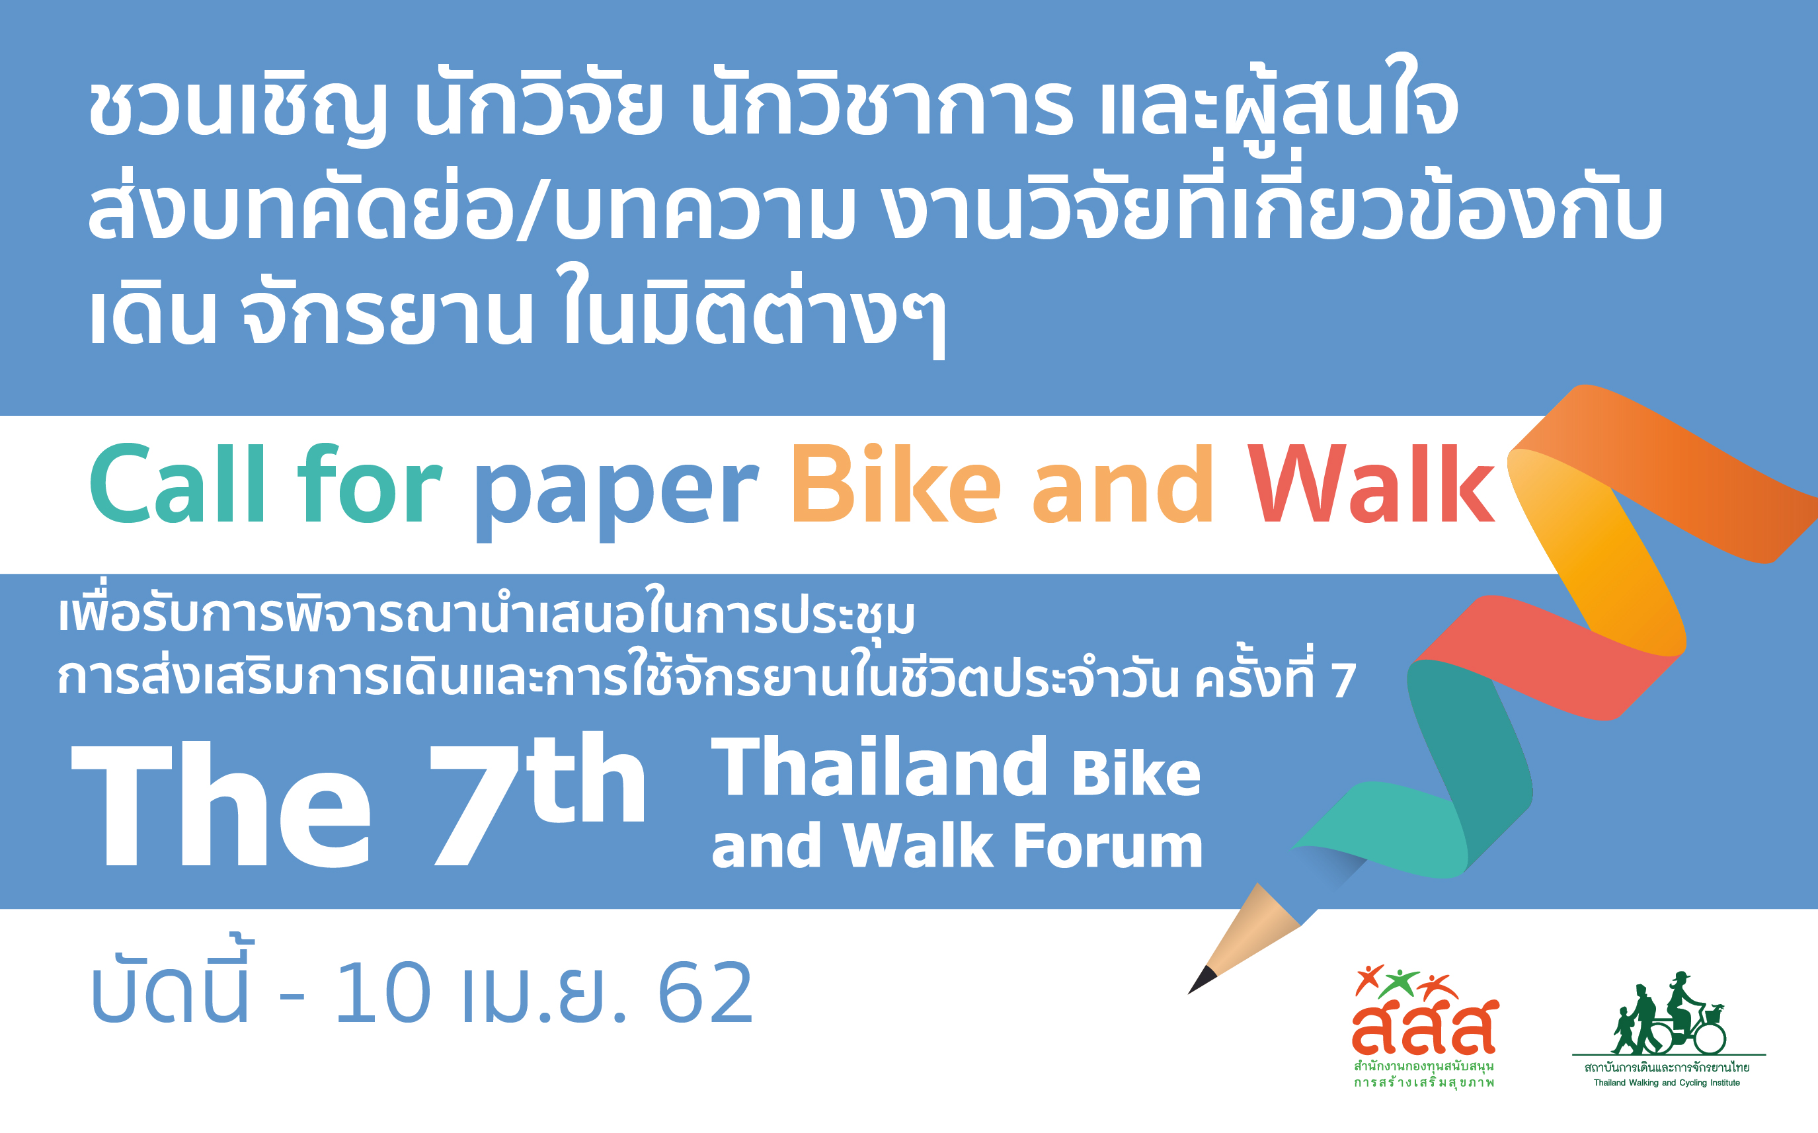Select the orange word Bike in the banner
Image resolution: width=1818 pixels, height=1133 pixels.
coord(896,483)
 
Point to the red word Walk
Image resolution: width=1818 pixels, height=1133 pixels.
coord(1370,483)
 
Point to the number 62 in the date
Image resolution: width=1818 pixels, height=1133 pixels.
coord(705,993)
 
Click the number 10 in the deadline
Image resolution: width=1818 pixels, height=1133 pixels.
coord(382,993)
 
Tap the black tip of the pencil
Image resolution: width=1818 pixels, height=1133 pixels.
coord(1201,980)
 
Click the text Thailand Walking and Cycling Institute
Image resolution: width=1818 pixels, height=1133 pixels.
coord(1667,1083)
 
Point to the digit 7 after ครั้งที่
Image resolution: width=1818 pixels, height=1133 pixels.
coord(1343,680)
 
